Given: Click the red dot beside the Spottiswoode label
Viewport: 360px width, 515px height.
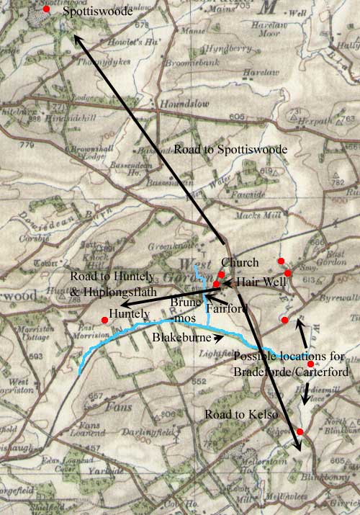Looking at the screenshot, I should pyautogui.click(x=47, y=9).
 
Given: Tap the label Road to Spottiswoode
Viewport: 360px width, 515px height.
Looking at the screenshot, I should pyautogui.click(x=230, y=149).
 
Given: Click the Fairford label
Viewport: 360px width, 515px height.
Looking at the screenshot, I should pyautogui.click(x=226, y=308).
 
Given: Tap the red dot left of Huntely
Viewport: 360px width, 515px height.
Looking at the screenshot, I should pyautogui.click(x=105, y=320).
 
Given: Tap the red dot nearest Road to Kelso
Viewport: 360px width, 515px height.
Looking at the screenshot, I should pyautogui.click(x=300, y=431).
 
